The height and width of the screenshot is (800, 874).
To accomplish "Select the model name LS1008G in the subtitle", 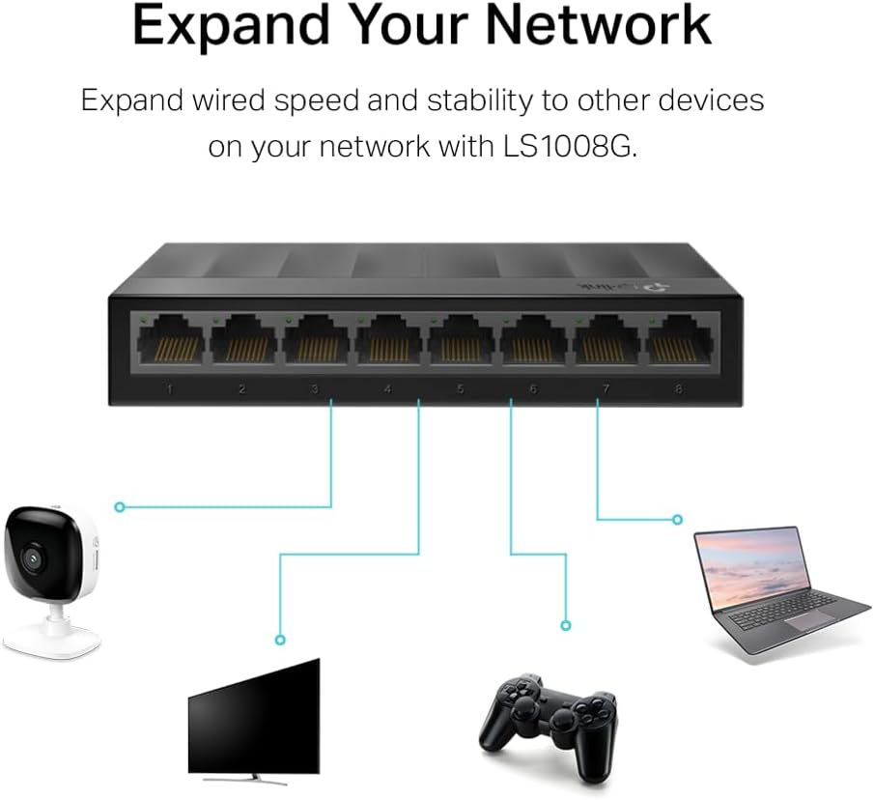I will click(574, 148).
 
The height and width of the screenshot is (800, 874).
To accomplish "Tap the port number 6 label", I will click(533, 389).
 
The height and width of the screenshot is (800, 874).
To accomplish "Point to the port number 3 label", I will click(315, 389).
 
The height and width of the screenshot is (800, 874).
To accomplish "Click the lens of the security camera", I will click(31, 557).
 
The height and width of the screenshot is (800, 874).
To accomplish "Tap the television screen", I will click(253, 717).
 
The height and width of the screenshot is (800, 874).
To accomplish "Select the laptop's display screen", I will click(752, 567).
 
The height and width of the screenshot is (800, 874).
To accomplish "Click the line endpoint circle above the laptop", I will click(678, 519).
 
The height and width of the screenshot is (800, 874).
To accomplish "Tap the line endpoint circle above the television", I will click(280, 640).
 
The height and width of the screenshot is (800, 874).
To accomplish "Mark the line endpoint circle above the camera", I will click(120, 506).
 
